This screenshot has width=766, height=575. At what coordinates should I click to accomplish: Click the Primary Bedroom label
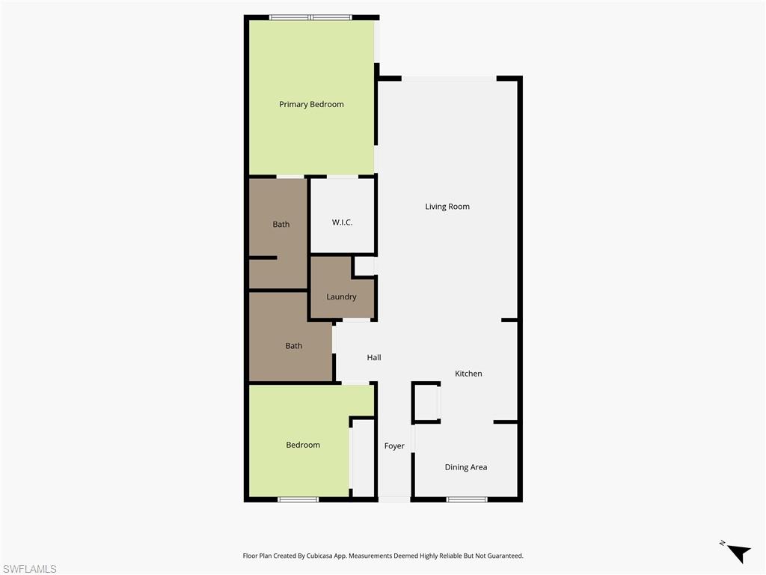[311, 104]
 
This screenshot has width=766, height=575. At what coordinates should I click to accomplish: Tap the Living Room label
[447, 207]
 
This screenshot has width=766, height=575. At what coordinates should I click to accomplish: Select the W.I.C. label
[342, 222]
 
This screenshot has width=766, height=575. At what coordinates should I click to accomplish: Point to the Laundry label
[341, 296]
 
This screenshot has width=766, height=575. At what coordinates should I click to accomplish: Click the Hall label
[374, 357]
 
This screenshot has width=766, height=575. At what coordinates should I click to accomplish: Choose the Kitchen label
[469, 374]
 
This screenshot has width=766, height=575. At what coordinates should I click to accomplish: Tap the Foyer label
[394, 446]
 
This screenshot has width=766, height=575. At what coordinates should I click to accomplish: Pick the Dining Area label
[466, 467]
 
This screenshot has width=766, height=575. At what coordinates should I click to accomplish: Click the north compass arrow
[738, 553]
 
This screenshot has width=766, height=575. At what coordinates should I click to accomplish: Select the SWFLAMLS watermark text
[29, 569]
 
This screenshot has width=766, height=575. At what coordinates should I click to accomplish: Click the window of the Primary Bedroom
[310, 17]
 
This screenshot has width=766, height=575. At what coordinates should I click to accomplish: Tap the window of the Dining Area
[467, 499]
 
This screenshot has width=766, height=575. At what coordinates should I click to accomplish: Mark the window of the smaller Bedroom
[298, 499]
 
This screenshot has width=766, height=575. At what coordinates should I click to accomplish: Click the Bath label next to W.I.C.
[281, 224]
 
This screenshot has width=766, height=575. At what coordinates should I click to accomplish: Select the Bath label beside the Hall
[294, 345]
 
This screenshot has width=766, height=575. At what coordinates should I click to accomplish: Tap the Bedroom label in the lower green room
[303, 445]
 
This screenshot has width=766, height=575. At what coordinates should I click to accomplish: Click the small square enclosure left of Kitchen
[426, 402]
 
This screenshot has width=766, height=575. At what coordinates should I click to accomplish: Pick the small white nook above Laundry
[364, 267]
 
